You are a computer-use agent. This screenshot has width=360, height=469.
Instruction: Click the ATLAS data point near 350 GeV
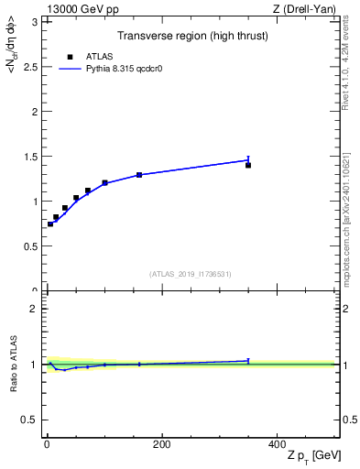248,165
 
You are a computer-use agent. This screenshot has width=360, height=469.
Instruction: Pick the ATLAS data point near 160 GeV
139,175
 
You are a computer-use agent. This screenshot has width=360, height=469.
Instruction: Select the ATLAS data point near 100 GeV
104,183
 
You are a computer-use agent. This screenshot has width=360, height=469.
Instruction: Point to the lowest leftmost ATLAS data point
50,224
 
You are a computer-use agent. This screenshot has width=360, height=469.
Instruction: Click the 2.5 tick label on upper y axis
31,67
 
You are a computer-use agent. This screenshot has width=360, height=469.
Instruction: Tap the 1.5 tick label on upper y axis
31,157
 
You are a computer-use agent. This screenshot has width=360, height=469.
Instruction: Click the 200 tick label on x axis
161,443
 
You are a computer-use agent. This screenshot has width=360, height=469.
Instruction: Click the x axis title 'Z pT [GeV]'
311,456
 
